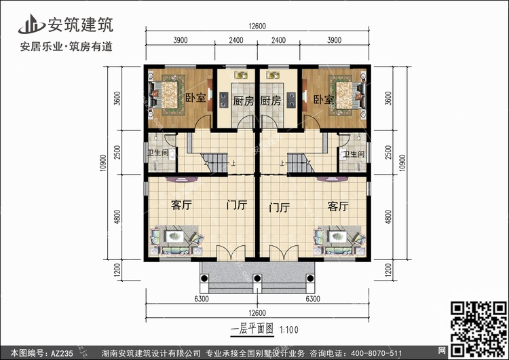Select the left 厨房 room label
tap(243, 101)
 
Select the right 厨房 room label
tap(271, 101)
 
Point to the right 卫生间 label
tap(353, 155)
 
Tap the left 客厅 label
tap(180, 206)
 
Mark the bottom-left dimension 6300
tap(201, 298)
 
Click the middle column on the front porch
tap(257, 278)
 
